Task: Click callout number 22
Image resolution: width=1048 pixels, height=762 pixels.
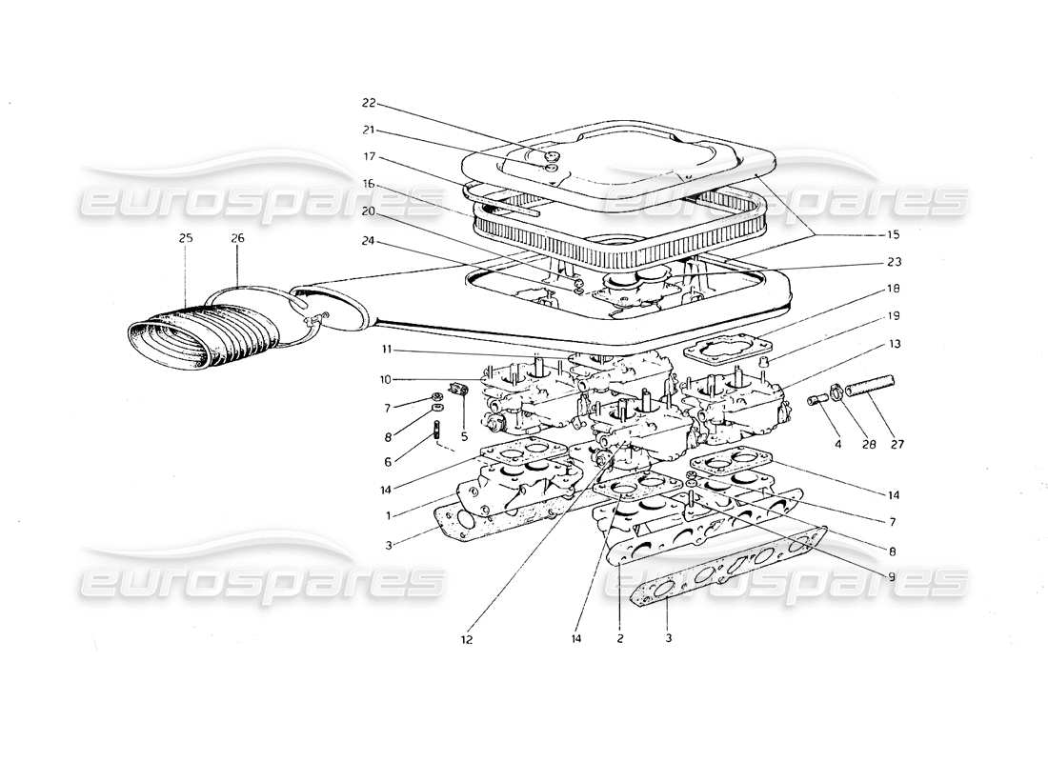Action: (x=370, y=103)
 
